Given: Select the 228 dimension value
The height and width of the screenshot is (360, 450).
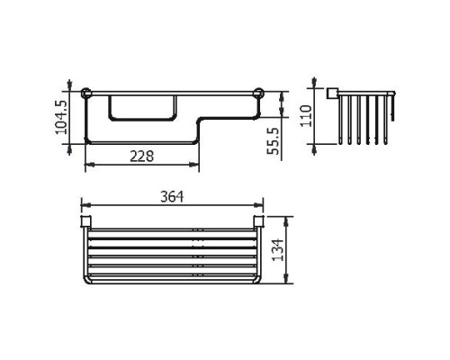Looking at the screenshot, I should (x=141, y=156).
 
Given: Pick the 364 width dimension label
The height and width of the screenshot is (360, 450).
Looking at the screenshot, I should (x=173, y=198).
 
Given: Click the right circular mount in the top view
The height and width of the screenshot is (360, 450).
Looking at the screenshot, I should (x=257, y=91).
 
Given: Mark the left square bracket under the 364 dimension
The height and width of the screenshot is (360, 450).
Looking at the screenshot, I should (x=85, y=221).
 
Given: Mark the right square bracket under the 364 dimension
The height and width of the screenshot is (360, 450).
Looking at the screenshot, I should (x=258, y=221).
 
